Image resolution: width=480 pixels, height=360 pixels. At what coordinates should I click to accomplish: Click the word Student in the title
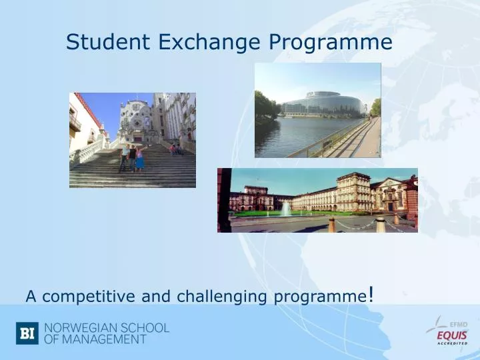(x=109, y=43)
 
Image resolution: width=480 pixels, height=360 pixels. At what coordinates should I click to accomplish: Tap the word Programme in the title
(x=330, y=43)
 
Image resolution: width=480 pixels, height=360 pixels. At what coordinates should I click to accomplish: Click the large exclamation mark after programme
(x=370, y=293)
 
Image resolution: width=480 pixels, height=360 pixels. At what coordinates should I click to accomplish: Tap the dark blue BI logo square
(x=27, y=333)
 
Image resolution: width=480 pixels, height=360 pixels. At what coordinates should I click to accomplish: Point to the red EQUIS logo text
(x=452, y=335)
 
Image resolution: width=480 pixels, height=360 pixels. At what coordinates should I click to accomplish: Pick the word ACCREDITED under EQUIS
(x=452, y=344)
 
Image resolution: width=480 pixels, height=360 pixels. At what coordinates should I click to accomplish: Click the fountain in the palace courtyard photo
(x=286, y=209)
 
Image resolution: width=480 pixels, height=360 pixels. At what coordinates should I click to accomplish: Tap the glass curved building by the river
(x=321, y=104)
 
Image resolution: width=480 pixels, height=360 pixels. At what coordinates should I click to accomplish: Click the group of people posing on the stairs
(x=131, y=157)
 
